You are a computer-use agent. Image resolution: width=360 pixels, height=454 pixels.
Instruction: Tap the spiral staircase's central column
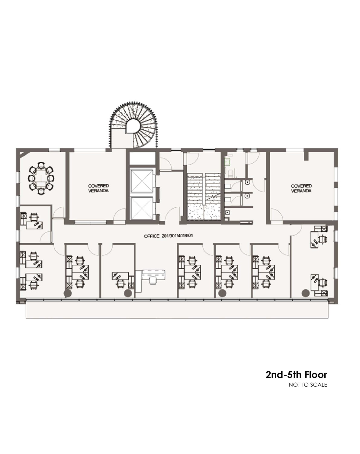click(133, 126)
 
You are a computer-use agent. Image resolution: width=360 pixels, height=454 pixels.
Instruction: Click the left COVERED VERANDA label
click(99, 188)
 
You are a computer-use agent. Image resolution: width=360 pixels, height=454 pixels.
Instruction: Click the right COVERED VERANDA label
click(301, 188)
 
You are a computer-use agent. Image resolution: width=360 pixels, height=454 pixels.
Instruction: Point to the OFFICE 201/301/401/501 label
click(169, 236)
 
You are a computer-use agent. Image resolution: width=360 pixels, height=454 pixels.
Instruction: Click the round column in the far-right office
click(306, 293)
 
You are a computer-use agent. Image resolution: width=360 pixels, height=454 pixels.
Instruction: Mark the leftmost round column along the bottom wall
click(68, 293)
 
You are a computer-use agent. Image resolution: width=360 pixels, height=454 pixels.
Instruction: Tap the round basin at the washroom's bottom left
click(227, 212)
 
